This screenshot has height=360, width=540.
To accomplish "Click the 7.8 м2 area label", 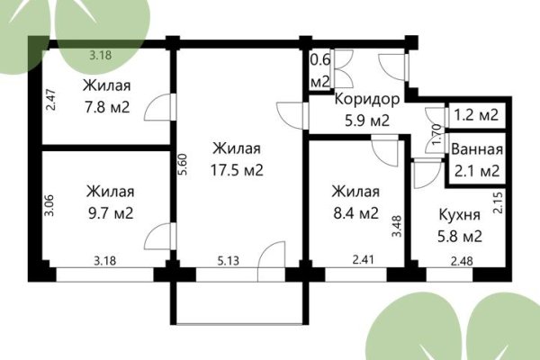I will click(107, 108).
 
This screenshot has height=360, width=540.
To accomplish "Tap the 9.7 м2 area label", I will click(111, 213).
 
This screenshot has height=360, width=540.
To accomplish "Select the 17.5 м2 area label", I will click(238, 170).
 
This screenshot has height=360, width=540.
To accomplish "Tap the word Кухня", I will click(460, 216).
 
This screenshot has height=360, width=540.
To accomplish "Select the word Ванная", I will click(477, 149).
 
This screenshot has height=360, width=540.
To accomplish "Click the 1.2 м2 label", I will click(477, 114).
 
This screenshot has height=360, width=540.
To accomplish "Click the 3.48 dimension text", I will click(397, 222).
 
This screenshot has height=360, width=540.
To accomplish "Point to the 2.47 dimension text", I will click(50, 96).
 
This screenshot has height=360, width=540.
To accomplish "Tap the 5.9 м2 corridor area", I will click(362, 120).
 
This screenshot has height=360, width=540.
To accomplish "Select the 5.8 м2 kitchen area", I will click(460, 238).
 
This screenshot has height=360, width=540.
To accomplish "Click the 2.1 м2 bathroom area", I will click(477, 170).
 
